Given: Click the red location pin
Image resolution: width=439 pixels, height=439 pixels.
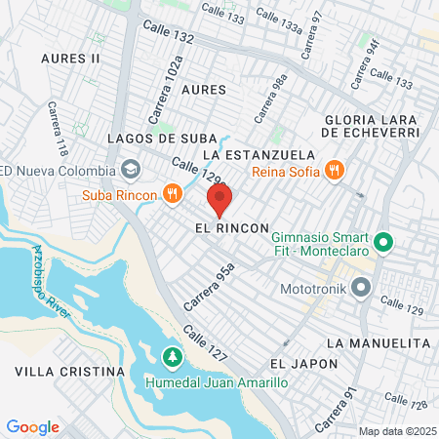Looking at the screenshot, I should click(x=219, y=200).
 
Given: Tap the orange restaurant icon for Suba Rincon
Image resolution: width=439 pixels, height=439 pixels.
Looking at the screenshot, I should click(x=172, y=193).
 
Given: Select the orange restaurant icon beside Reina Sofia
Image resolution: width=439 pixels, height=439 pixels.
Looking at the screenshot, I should click(x=335, y=170).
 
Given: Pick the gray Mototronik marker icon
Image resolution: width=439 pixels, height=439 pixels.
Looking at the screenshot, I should click(x=362, y=288).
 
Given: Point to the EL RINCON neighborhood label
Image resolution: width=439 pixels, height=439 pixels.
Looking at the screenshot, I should click(x=231, y=227).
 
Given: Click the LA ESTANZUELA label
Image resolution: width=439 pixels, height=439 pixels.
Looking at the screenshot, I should click(x=259, y=155).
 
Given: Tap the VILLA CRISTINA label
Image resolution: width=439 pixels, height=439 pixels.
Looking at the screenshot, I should click(x=70, y=372).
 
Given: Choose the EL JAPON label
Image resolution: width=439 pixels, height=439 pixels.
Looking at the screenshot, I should click(x=304, y=364).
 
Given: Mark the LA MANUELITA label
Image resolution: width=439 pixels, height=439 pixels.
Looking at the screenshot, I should click(x=379, y=343).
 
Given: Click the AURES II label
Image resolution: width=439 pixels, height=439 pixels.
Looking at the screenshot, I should click(x=70, y=59).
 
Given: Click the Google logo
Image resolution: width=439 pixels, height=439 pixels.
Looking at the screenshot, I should click(x=32, y=426).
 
